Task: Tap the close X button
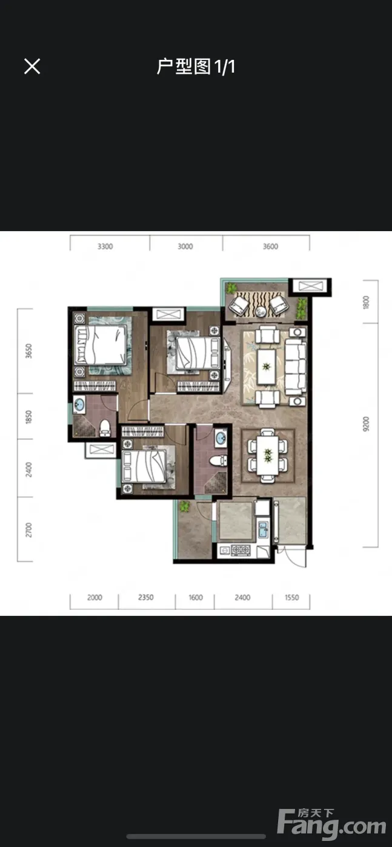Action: tap(32, 66)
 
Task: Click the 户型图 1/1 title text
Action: tap(196, 67)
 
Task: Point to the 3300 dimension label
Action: tap(105, 247)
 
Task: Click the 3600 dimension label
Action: tap(270, 247)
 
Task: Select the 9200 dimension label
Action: tap(366, 424)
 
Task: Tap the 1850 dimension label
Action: tap(29, 417)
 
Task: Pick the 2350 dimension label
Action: tap(146, 598)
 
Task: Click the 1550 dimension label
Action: tap(291, 598)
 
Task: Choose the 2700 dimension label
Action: tap(29, 530)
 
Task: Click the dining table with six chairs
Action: tap(268, 455)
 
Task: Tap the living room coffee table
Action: tap(267, 366)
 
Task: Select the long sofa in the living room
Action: tap(296, 367)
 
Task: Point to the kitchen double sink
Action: tap(263, 529)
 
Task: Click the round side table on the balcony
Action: tap(261, 311)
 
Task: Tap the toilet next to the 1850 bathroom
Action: tap(105, 428)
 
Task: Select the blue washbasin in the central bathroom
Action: tap(220, 438)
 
